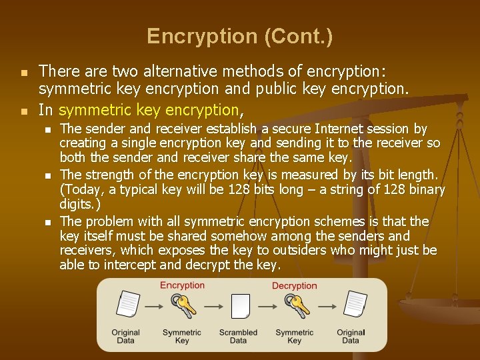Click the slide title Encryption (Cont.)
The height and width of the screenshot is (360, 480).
[x=239, y=36]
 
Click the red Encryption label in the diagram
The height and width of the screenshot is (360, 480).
[x=182, y=285]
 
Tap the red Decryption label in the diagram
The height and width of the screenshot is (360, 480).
[x=294, y=285]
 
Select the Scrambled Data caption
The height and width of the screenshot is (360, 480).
[x=238, y=336]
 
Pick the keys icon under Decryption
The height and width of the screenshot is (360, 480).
[x=295, y=306]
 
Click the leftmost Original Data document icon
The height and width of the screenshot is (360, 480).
[x=126, y=305]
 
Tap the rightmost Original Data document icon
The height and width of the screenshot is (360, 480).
[x=351, y=305]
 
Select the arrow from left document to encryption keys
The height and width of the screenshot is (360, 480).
[x=155, y=307]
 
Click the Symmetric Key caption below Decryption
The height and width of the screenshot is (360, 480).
[x=294, y=336]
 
